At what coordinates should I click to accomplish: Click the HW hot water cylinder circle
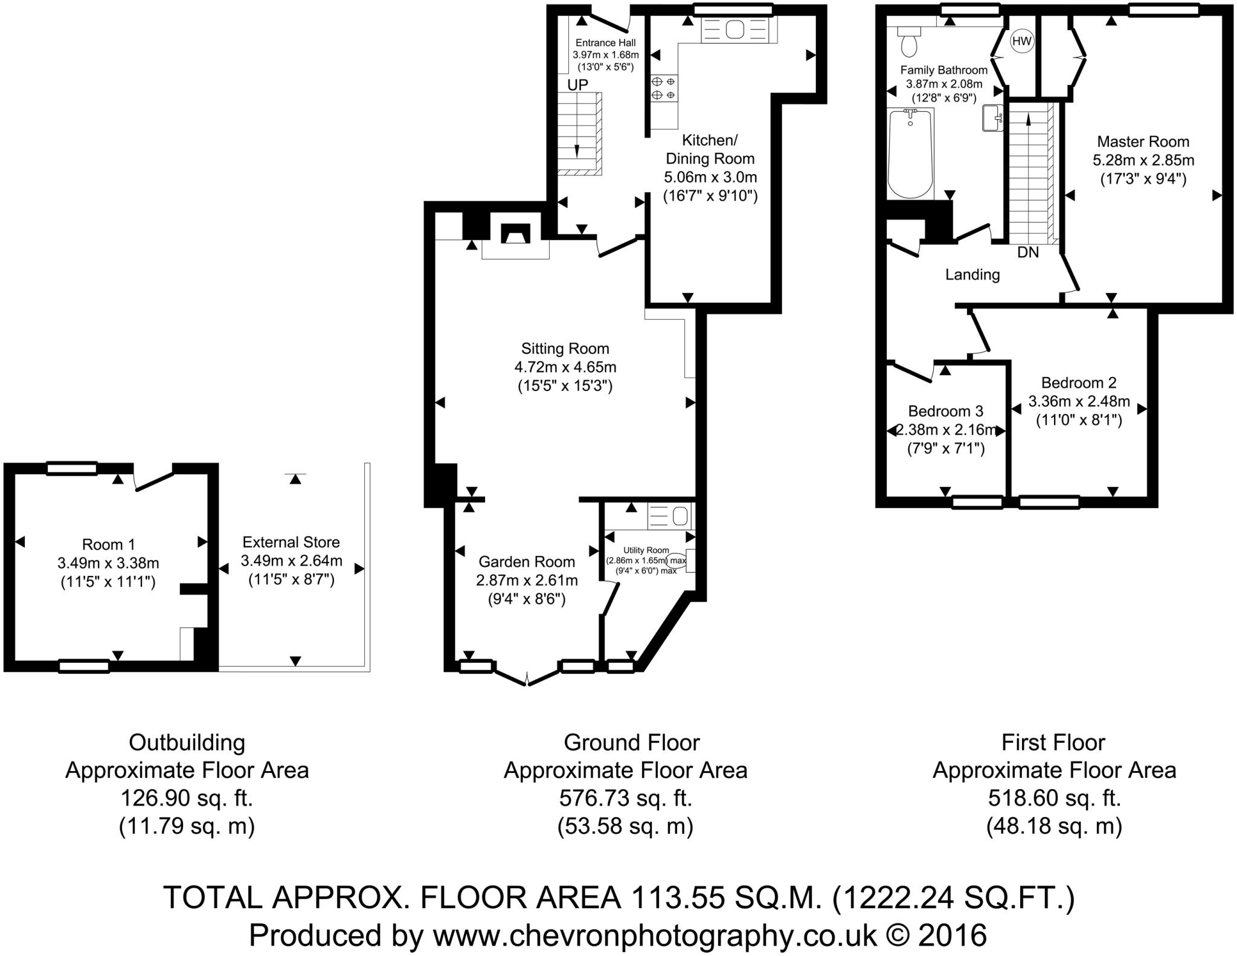[1022, 42]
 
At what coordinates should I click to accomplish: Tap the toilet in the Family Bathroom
[908, 41]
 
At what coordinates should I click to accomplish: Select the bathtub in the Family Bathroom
[910, 153]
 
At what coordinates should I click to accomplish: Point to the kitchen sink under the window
[735, 30]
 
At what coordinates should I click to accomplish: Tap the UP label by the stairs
[577, 85]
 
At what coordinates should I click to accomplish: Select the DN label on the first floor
[1027, 253]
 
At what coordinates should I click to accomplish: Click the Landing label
[972, 275]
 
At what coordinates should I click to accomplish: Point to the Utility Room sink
[680, 516]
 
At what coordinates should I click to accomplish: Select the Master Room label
[1143, 142]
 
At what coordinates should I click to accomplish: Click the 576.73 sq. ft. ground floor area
[625, 799]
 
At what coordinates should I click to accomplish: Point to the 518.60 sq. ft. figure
[1054, 799]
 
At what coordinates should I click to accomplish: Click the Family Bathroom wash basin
[992, 118]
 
